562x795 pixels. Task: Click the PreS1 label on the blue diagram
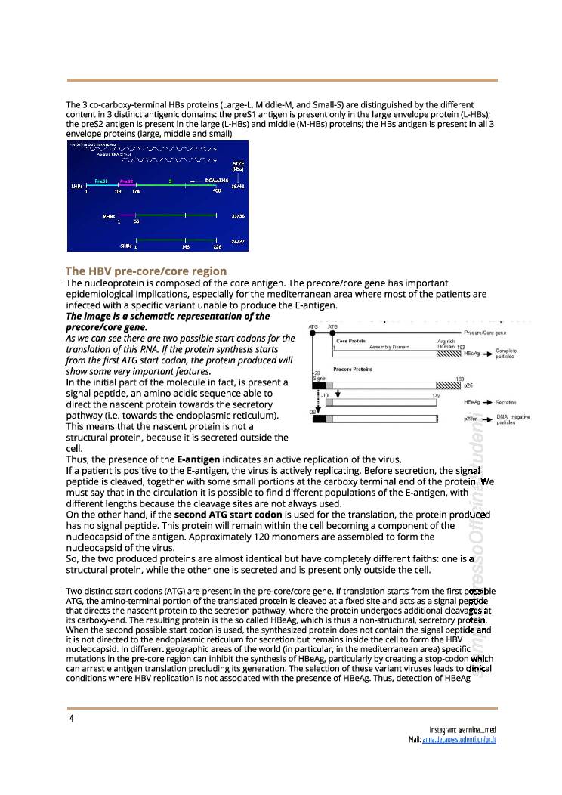point(101,181)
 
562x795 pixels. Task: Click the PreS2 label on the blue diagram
point(126,181)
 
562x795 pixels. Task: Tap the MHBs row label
point(108,216)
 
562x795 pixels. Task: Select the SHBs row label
point(125,245)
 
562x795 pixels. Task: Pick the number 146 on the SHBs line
point(185,246)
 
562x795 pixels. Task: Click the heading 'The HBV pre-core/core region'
point(146,271)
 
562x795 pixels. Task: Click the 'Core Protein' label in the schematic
point(350,341)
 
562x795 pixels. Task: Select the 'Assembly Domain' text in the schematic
point(389,347)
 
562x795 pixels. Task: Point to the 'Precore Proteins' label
point(352,369)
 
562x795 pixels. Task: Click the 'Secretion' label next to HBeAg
point(505,403)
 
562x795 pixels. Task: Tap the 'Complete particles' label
point(506,354)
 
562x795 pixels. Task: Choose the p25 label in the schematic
point(468,385)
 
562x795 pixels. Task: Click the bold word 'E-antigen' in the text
point(199,459)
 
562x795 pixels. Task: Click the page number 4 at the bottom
point(71,718)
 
